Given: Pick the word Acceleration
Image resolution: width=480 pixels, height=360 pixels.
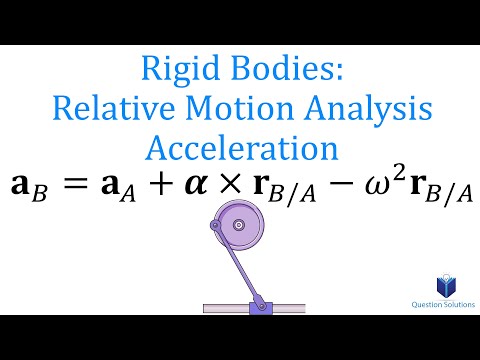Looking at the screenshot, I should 239,148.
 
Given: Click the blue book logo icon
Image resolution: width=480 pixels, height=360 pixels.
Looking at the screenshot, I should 437,289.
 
